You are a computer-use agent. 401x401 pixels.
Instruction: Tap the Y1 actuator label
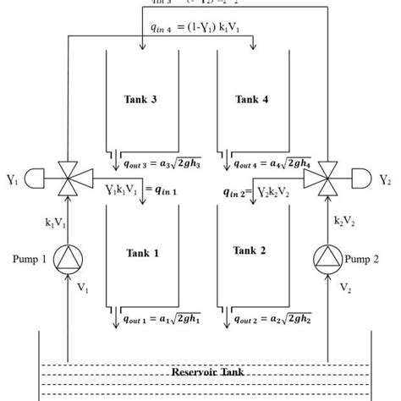tap(11, 179)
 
